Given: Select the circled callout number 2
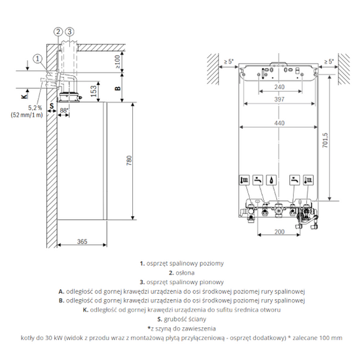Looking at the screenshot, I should (58, 31).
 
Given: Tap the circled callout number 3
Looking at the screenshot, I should (69, 31).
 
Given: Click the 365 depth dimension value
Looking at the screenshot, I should (81, 242).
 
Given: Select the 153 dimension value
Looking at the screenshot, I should (92, 91).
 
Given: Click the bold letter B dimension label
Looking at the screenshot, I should (117, 86).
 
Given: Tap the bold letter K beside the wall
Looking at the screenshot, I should (24, 96).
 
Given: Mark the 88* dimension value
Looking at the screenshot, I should (64, 111).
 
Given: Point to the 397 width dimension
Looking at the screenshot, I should (279, 99).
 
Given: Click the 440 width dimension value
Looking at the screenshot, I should (279, 122).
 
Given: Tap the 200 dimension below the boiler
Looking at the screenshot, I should (279, 232).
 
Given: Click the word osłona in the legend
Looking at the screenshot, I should (183, 272).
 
